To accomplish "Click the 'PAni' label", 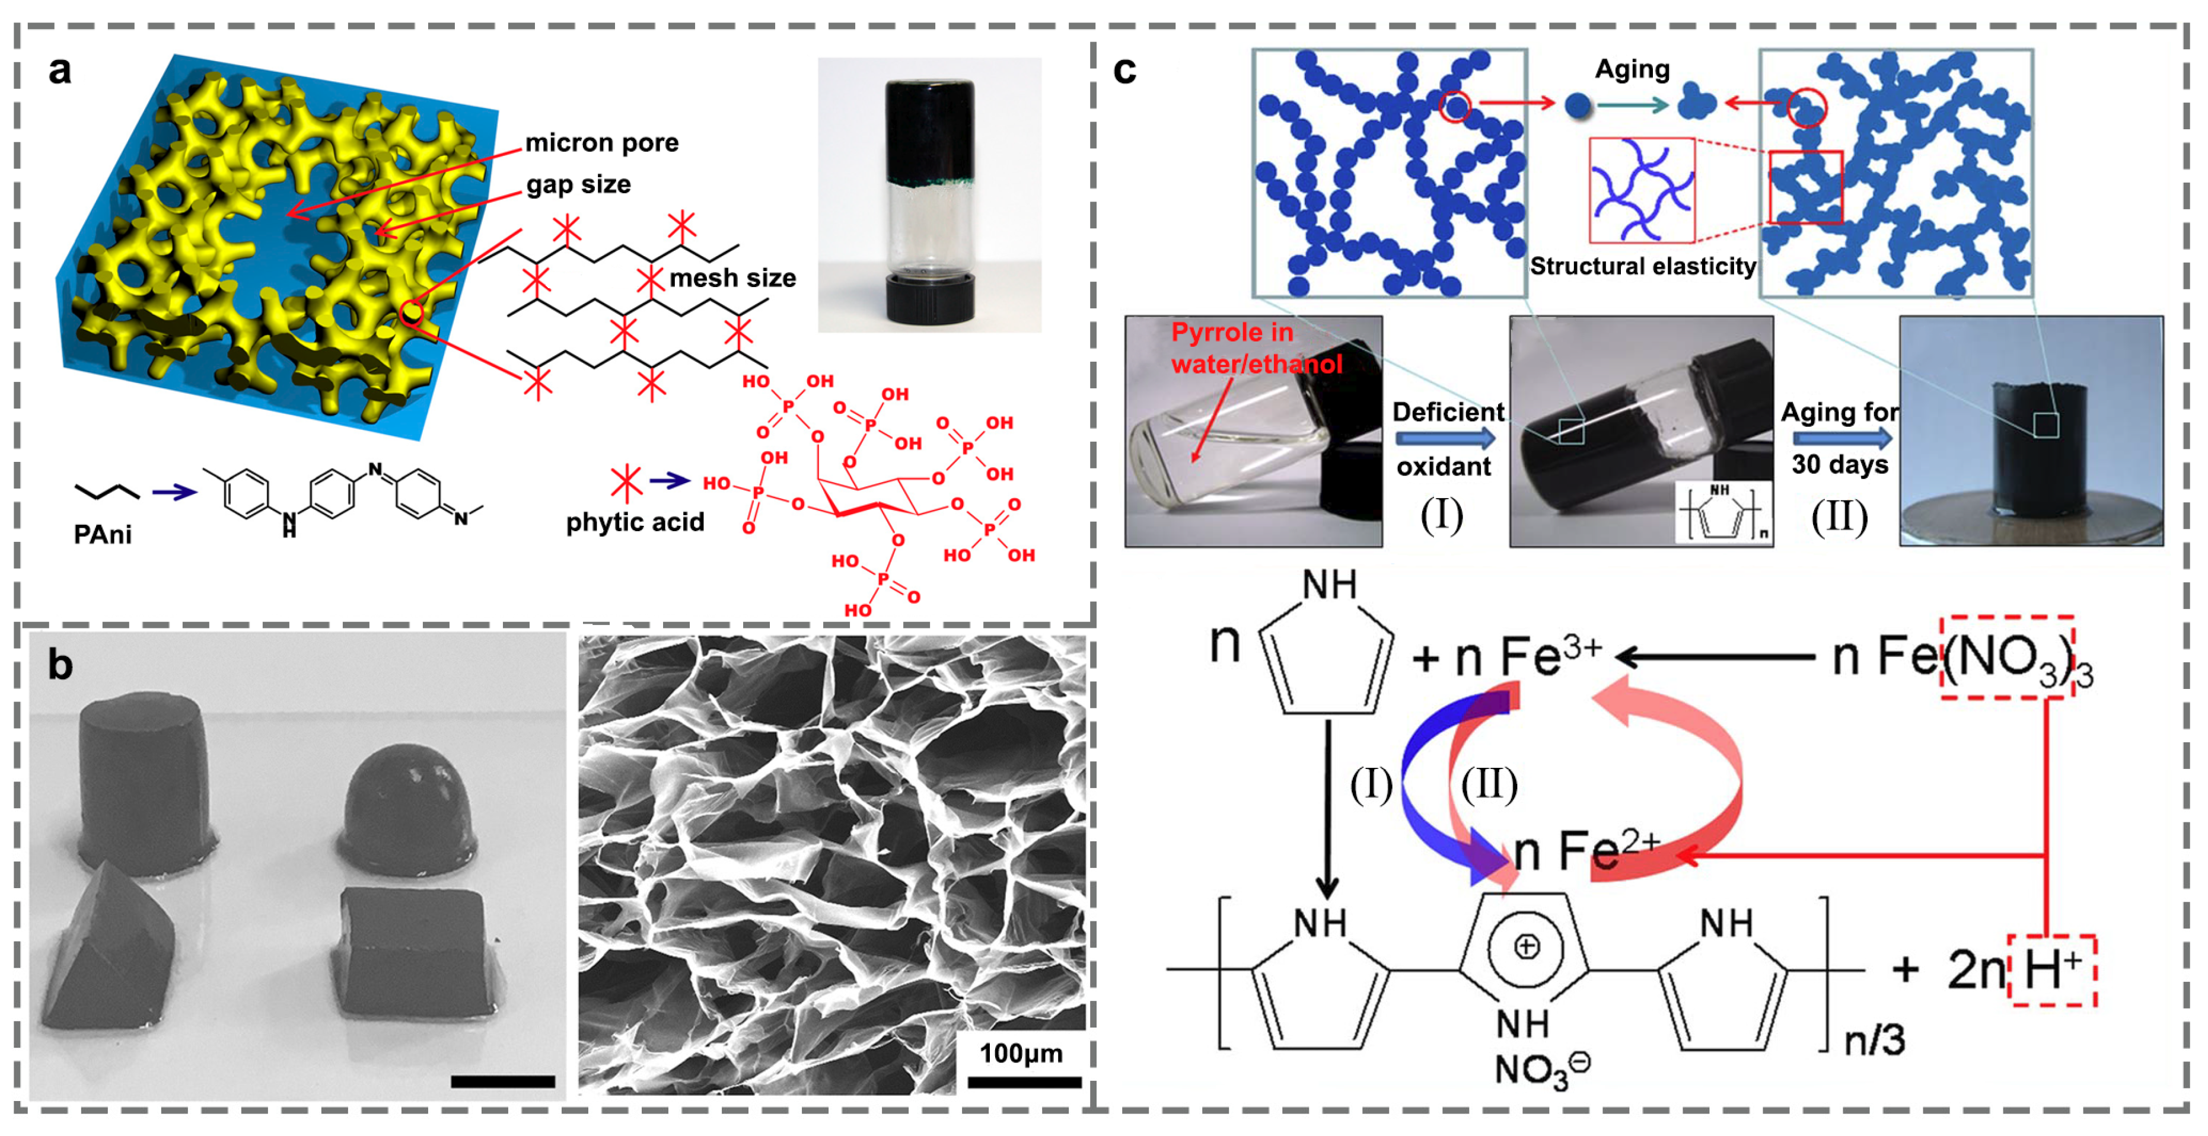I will [x=102, y=535].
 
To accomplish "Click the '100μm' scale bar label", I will [x=1020, y=1053].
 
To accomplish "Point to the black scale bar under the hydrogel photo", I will [x=502, y=1082].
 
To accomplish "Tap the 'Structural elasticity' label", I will [x=1642, y=266].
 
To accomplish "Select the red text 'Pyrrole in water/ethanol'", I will [x=1255, y=348].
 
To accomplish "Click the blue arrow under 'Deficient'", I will [x=1445, y=439].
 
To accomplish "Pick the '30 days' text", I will [x=1840, y=464].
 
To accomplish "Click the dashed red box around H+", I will [x=2053, y=971].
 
